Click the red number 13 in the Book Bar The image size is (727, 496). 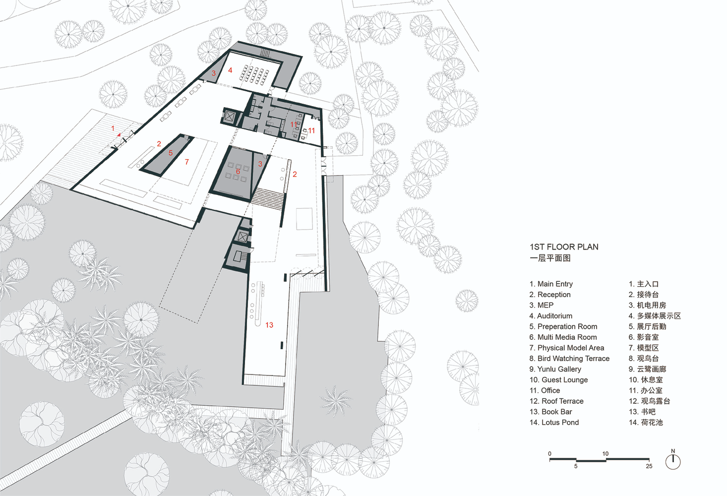pyautogui.click(x=269, y=325)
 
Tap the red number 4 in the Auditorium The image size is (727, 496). pyautogui.click(x=230, y=70)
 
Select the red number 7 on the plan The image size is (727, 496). pyautogui.click(x=186, y=162)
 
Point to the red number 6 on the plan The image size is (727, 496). pyautogui.click(x=238, y=172)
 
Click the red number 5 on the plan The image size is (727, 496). pyautogui.click(x=171, y=153)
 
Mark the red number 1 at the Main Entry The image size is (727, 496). pyautogui.click(x=113, y=128)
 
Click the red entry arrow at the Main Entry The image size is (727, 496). pyautogui.click(x=119, y=134)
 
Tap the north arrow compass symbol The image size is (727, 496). pyautogui.click(x=673, y=460)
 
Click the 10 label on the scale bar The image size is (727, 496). pyautogui.click(x=606, y=453)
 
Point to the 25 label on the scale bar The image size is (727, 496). pyautogui.click(x=649, y=466)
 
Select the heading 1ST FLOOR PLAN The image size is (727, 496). pyautogui.click(x=564, y=247)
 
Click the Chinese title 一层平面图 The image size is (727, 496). pyautogui.click(x=550, y=258)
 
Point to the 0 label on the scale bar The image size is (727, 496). pyautogui.click(x=549, y=453)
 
